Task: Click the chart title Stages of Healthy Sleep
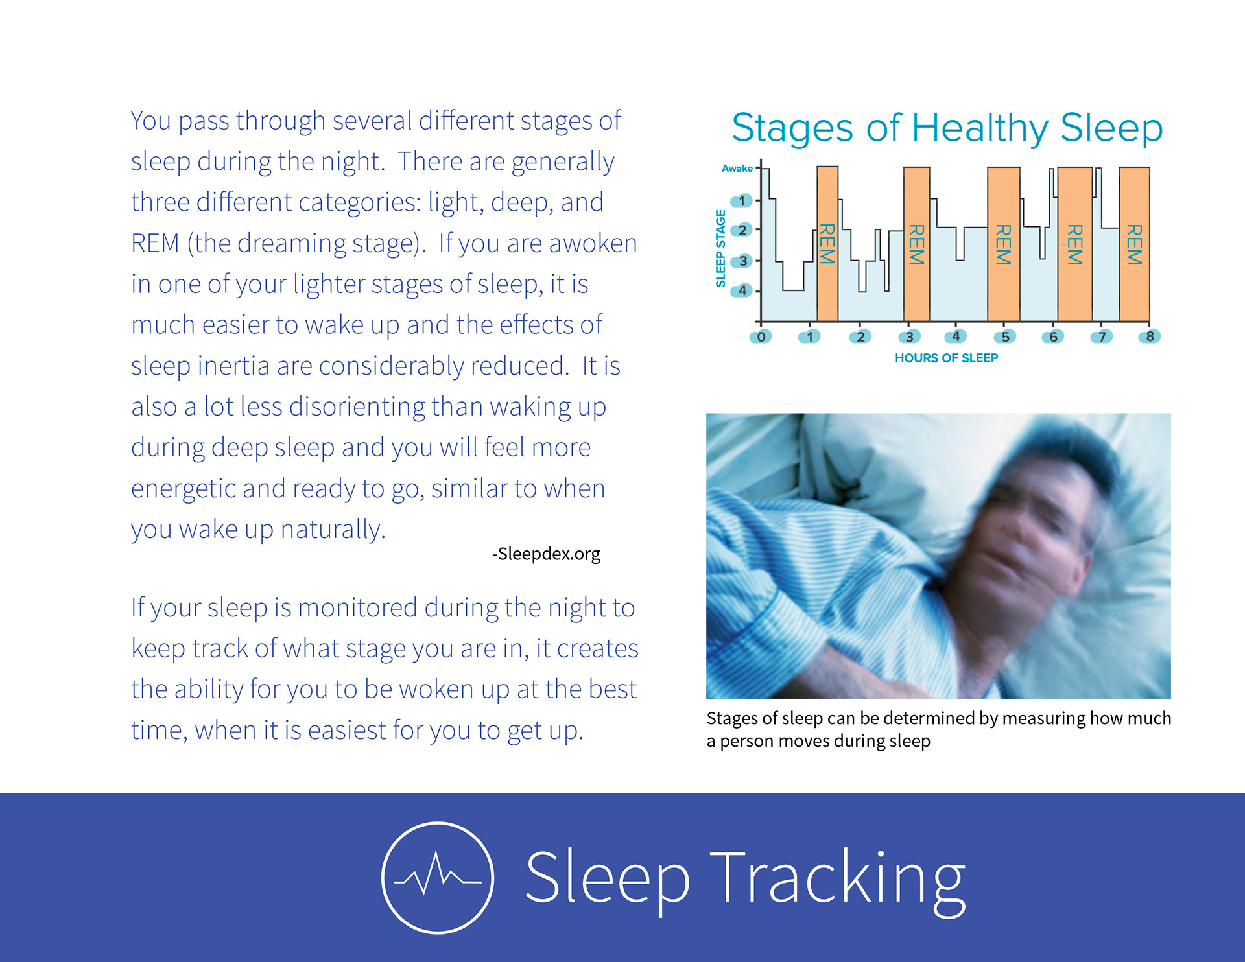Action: click(947, 128)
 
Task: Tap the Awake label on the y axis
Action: click(737, 169)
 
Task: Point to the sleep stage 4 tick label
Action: click(742, 290)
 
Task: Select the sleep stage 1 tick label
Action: click(742, 201)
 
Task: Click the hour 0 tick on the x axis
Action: click(761, 336)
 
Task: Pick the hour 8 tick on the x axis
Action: click(1150, 336)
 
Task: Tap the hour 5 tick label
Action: click(1004, 336)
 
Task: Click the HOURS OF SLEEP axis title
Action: click(946, 358)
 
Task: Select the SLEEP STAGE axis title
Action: click(720, 248)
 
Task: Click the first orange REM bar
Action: click(827, 244)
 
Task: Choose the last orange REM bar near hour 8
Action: click(1134, 244)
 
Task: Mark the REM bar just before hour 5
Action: click(1004, 244)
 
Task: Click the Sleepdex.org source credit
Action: click(546, 554)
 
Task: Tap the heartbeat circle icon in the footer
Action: click(438, 878)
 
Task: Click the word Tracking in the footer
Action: click(838, 878)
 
